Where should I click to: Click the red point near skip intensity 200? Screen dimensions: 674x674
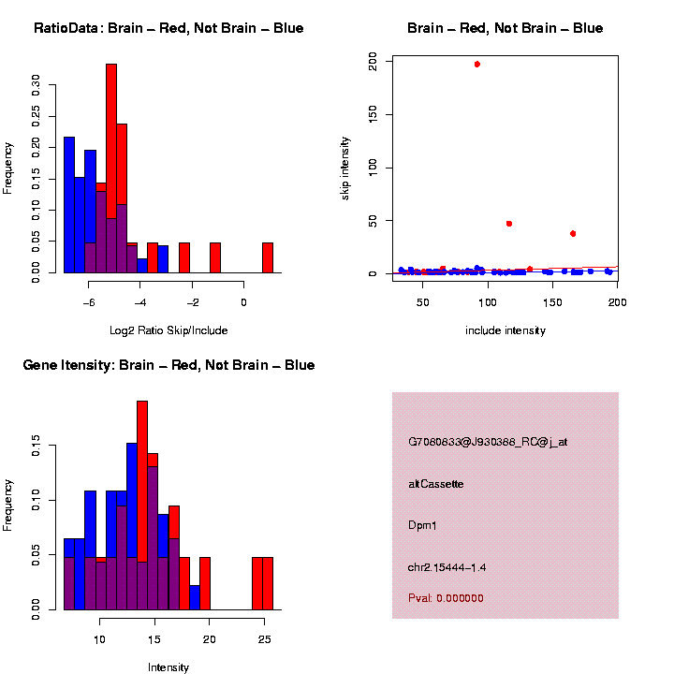[x=477, y=65]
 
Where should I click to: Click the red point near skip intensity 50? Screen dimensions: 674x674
[x=509, y=224]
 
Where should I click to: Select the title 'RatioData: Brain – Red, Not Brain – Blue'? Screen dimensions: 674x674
[x=168, y=28]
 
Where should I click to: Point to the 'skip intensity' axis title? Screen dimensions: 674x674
[x=345, y=167]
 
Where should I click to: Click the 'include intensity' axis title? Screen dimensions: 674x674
[x=505, y=330]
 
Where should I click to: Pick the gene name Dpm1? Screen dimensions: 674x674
[x=422, y=525]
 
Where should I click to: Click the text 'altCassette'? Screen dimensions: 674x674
[x=435, y=484]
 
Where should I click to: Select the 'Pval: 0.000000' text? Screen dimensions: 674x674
[x=446, y=598]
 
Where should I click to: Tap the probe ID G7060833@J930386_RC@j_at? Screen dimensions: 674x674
[x=488, y=442]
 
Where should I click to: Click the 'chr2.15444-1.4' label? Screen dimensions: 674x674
[x=447, y=567]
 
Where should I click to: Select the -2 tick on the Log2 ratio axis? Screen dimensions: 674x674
[x=192, y=302]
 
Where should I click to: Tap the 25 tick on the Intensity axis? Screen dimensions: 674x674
[x=264, y=639]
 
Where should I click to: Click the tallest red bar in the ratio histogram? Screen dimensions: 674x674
[x=111, y=168]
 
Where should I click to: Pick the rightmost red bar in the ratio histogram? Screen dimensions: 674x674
[x=268, y=257]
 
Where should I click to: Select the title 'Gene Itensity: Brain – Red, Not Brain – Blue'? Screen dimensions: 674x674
[x=168, y=365]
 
